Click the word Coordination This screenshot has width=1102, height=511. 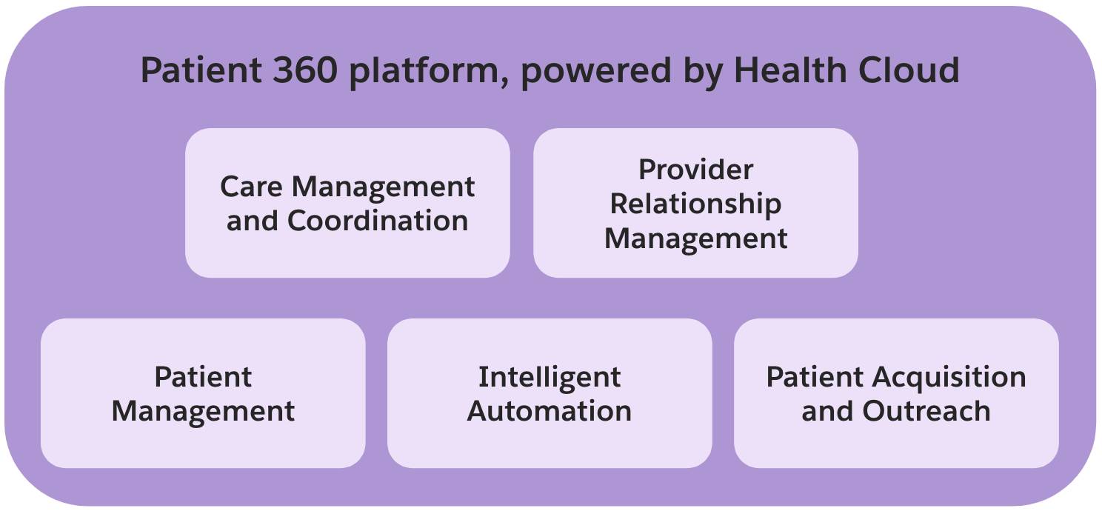(378, 221)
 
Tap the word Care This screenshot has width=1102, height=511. (252, 187)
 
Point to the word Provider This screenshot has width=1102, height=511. (695, 170)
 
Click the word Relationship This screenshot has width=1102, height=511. (695, 204)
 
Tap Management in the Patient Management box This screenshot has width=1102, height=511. (203, 411)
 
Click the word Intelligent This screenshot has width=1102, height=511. (550, 377)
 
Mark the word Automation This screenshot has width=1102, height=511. (550, 411)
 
